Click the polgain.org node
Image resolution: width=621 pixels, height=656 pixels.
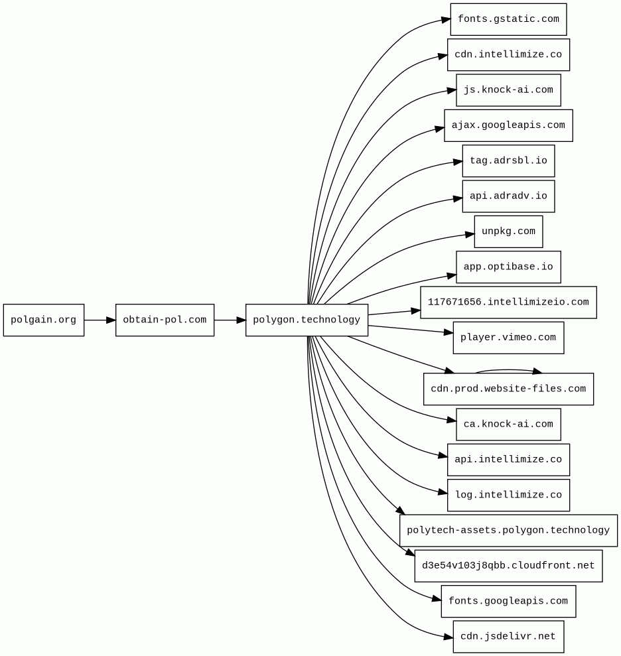(x=44, y=320)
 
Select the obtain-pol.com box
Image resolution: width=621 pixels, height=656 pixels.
(x=165, y=320)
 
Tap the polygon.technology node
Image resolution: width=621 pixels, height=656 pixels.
(x=307, y=320)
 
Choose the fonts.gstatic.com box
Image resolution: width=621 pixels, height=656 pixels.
(x=508, y=19)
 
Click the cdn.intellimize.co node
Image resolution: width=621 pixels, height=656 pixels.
(x=508, y=55)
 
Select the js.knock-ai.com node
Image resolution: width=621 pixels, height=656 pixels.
(x=508, y=90)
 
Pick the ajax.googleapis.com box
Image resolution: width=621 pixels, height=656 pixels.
(x=508, y=125)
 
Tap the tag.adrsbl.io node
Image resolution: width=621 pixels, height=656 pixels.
(x=508, y=161)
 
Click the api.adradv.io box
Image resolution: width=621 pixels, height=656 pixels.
(x=508, y=196)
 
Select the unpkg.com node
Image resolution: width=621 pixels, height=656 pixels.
(x=508, y=231)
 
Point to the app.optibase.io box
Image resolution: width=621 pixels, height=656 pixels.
(x=508, y=267)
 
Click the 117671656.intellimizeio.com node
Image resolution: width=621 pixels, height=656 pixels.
(x=508, y=302)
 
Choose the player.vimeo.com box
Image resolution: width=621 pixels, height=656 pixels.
(x=508, y=338)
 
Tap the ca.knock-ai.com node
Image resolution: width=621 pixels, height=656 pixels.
(x=508, y=425)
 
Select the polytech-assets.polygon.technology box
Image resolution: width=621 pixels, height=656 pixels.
(x=508, y=531)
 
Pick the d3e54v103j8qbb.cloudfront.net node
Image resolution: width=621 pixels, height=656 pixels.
(x=508, y=566)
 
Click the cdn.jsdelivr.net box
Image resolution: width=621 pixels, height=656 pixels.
(x=508, y=637)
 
